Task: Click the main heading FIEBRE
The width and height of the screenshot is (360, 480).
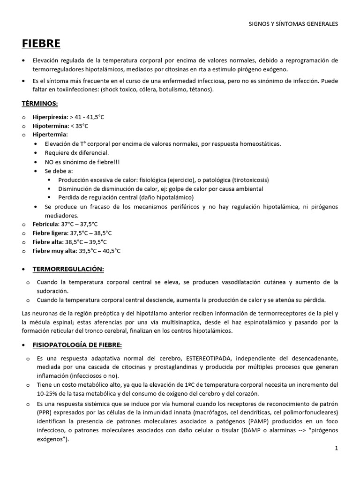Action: click(x=41, y=44)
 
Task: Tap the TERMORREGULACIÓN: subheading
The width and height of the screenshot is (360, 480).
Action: click(x=68, y=269)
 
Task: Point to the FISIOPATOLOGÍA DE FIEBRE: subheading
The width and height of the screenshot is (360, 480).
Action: click(x=77, y=345)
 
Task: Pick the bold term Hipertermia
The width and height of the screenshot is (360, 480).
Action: click(x=50, y=135)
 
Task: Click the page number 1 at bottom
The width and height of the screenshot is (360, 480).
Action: click(x=336, y=448)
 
